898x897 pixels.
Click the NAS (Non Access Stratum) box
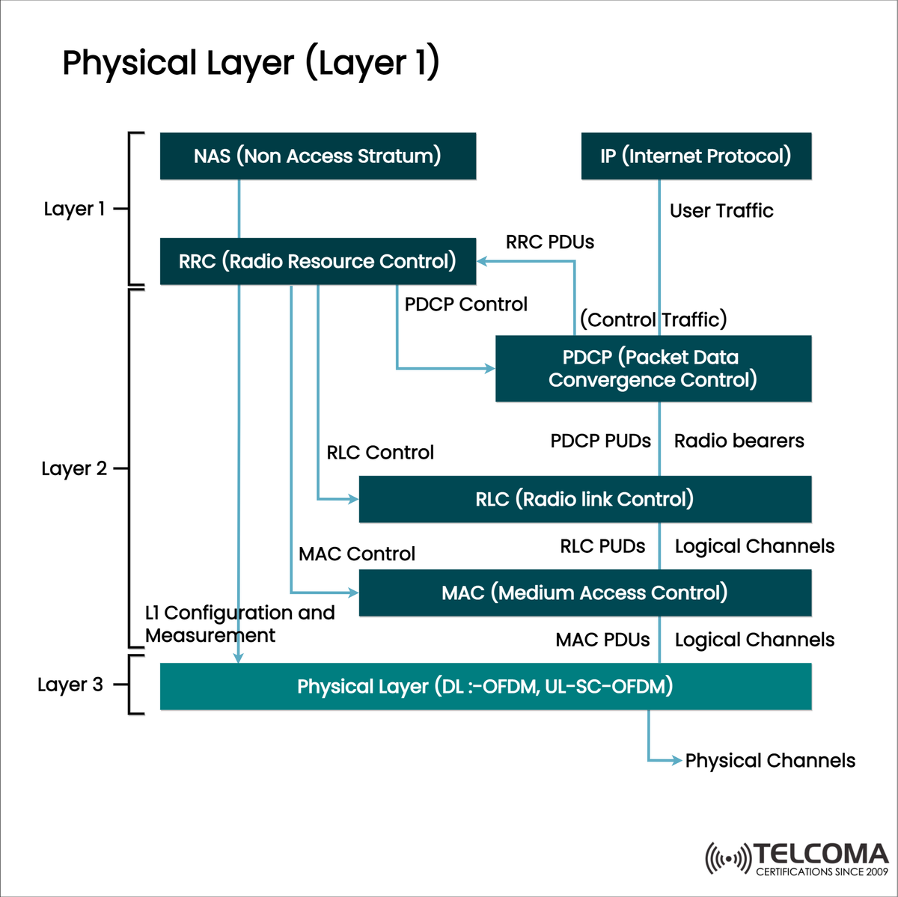[x=317, y=156]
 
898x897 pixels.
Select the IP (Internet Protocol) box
[x=696, y=156]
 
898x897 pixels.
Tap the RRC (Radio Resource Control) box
[x=317, y=261]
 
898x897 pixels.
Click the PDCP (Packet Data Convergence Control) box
[x=653, y=369]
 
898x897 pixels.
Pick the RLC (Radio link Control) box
[x=584, y=499]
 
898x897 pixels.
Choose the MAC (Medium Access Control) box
[x=584, y=593]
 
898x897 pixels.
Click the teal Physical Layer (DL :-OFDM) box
[x=485, y=686]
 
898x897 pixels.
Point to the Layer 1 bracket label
[x=74, y=209]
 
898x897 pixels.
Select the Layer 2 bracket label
[x=74, y=469]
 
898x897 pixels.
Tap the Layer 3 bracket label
[x=70, y=685]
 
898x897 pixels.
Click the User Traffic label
[x=721, y=211]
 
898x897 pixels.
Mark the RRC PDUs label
[x=550, y=242]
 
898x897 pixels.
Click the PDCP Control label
[x=465, y=304]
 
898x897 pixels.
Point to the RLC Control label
[x=380, y=453]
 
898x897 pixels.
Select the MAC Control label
[x=357, y=554]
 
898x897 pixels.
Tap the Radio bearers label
[x=739, y=441]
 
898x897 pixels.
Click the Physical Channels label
[x=770, y=761]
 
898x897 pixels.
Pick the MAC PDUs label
[x=602, y=640]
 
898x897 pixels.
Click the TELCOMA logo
[x=796, y=859]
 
